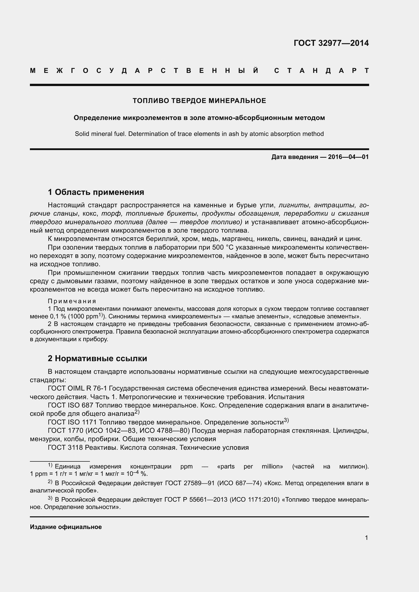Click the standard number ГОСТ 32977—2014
coord(331,43)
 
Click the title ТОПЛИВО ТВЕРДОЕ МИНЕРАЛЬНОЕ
coord(199,101)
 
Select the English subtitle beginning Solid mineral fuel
coord(199,134)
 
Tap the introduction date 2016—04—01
coord(348,157)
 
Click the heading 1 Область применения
coord(96,192)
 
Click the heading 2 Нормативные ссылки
coord(97,358)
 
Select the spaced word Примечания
coord(72,301)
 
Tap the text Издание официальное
coord(66,527)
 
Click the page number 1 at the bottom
coord(366,538)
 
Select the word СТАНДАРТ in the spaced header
coord(321,71)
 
